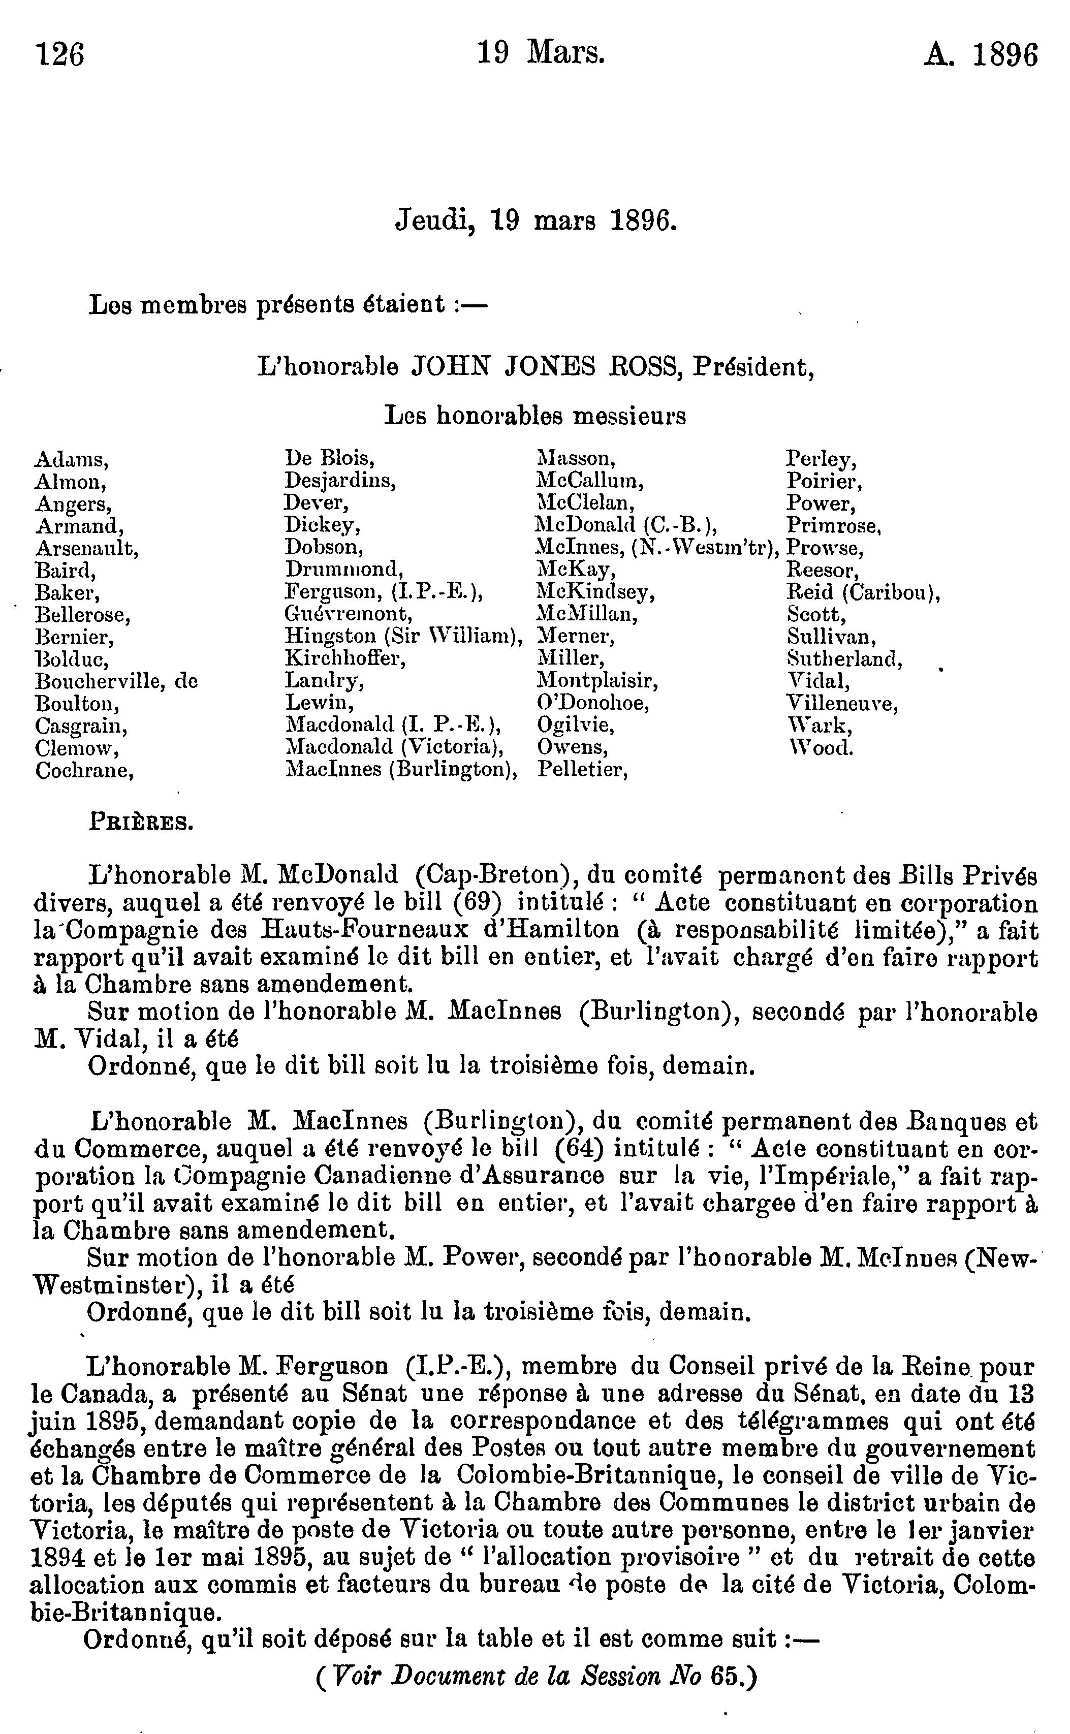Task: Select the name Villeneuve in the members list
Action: [x=841, y=704]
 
